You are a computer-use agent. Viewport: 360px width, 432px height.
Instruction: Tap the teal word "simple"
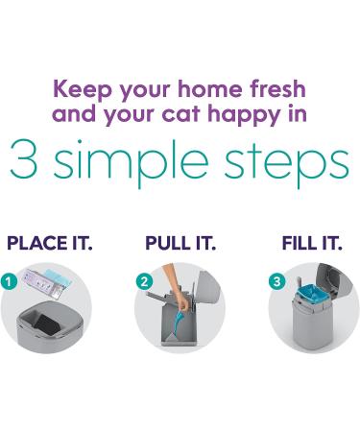point(131,162)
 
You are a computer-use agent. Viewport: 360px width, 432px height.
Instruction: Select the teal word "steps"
point(286,163)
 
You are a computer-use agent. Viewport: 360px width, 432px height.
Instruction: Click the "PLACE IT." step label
point(50,243)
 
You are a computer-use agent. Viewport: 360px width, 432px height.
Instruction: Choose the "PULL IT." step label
point(180,243)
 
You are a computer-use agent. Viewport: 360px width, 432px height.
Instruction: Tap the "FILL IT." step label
point(312,243)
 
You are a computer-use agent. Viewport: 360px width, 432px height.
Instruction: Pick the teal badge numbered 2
point(144,282)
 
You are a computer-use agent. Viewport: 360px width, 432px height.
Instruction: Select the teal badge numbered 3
point(276,281)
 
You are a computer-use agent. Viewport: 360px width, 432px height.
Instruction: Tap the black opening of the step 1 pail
point(47,322)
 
